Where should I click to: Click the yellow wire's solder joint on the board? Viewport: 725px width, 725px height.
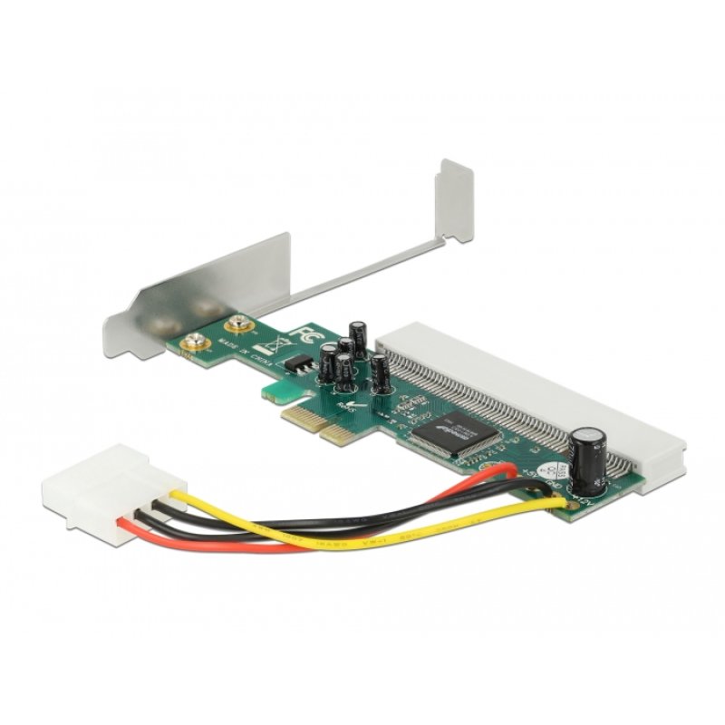coord(569,501)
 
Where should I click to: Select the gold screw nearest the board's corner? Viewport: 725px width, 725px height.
coord(194,342)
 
